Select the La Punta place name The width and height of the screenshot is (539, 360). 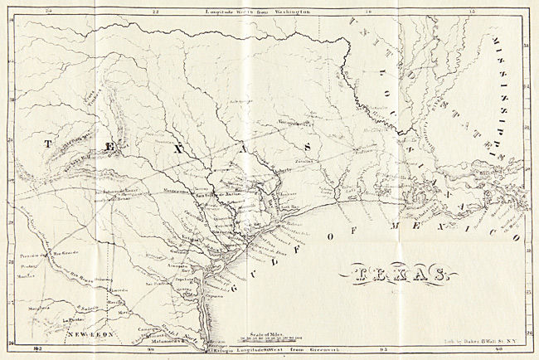tap(72, 317)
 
